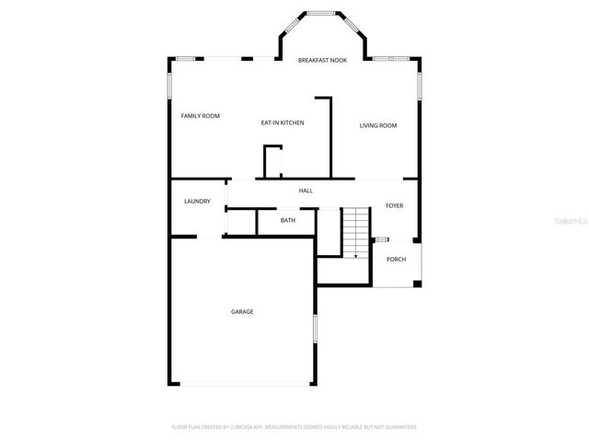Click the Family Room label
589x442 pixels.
click(200, 116)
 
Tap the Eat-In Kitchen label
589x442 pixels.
click(282, 122)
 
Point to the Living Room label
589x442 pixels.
click(377, 125)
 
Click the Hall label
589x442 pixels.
click(306, 191)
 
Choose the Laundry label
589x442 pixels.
click(197, 202)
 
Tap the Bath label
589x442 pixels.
click(288, 220)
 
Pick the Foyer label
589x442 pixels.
click(394, 205)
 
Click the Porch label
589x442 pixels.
click(396, 260)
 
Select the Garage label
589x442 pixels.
click(242, 312)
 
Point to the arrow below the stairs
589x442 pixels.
click(356, 256)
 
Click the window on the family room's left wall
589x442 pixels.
click(169, 84)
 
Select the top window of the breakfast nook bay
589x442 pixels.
click(321, 13)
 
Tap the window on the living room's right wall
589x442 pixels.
click(419, 85)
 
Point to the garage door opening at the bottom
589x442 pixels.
click(246, 384)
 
